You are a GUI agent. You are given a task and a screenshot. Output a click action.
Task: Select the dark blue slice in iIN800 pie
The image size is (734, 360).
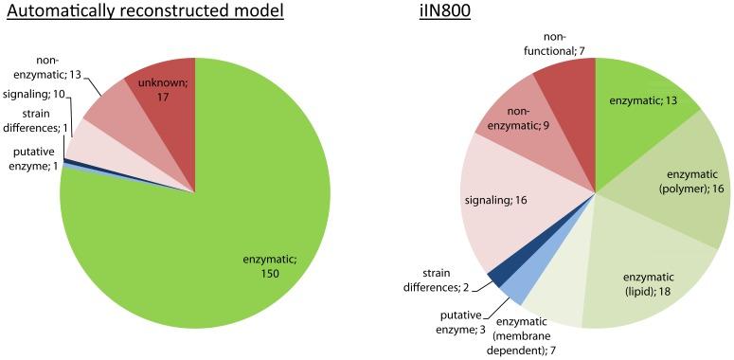(x=495, y=277)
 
